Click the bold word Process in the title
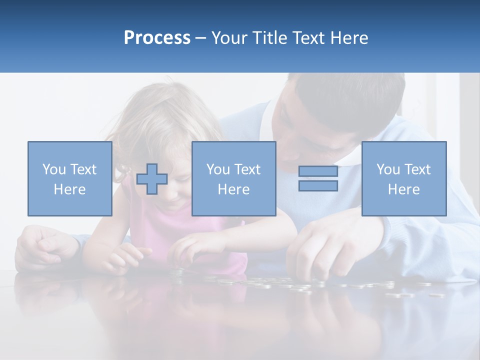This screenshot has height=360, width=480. click(157, 38)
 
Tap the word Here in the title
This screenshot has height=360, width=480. click(348, 38)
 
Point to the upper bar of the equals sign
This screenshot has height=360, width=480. click(318, 171)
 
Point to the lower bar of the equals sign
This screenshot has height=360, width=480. click(318, 186)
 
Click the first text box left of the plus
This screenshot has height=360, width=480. click(70, 178)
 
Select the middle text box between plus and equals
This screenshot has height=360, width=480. click(233, 178)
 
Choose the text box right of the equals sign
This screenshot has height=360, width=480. click(403, 178)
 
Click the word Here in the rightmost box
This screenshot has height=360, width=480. click(403, 189)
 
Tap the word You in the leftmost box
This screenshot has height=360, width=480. click(53, 169)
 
